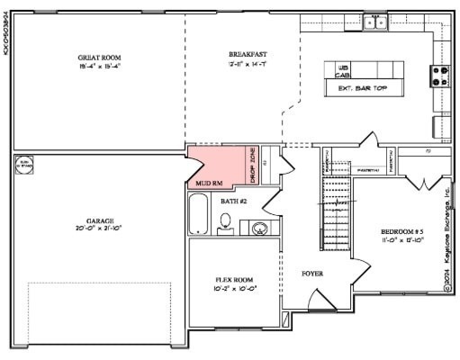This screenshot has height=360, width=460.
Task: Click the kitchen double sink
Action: coord(374,22)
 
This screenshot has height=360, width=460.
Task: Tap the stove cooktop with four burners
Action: coord(441,76)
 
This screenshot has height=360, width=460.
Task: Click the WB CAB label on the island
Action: coord(343,71)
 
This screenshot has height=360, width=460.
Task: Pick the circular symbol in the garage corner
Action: coord(24,165)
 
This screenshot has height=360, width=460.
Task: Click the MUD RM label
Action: coord(209,183)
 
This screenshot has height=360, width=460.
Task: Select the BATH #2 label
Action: coord(233,201)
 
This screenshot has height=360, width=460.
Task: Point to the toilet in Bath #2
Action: coord(225,225)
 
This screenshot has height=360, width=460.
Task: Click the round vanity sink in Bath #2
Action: coord(258,228)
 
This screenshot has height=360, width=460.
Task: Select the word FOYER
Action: coord(311,273)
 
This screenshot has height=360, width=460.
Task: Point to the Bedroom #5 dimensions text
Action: coord(402,241)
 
